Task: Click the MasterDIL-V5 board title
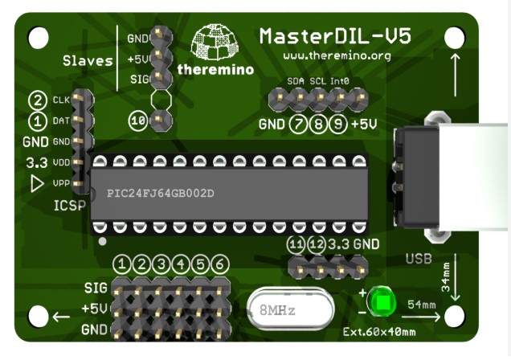(336, 36)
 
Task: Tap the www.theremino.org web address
(337, 56)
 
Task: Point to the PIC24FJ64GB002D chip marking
(161, 194)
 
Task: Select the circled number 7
(299, 125)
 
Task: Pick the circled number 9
(337, 125)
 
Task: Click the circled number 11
(296, 243)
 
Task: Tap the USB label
(419, 259)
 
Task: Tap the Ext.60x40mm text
(379, 331)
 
